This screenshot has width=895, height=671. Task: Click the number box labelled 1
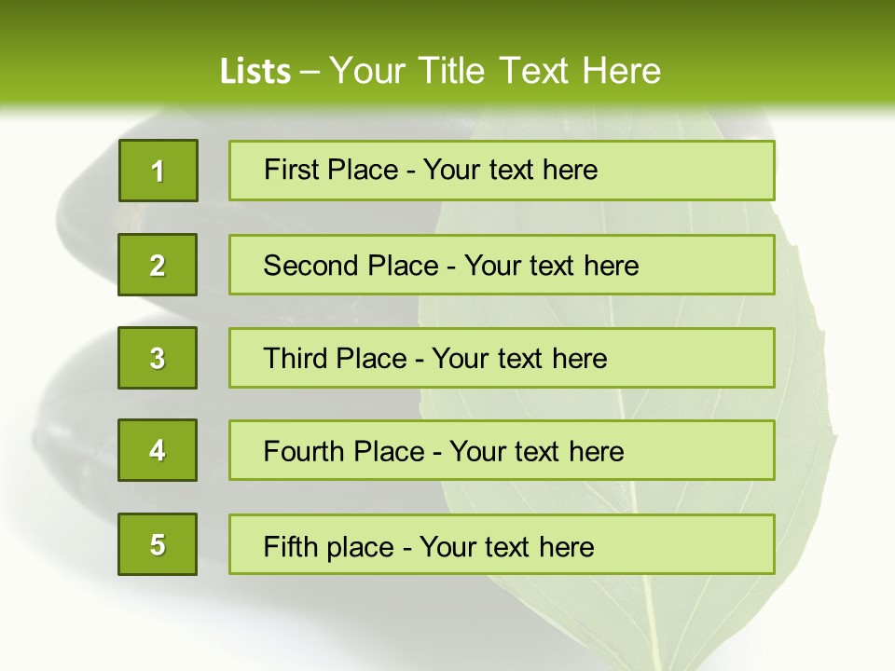(158, 171)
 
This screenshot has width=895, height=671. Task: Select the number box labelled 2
(158, 265)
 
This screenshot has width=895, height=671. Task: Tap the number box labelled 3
(158, 358)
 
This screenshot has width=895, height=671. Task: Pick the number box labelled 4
(158, 450)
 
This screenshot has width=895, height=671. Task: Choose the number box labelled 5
(158, 544)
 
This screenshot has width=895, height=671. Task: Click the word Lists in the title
(255, 72)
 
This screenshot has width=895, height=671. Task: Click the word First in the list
(292, 170)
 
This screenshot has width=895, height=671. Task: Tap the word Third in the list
(298, 359)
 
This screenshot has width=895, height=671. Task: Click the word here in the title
(621, 71)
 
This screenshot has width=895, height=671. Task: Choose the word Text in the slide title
(535, 71)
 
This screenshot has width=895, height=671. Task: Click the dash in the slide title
(310, 72)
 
